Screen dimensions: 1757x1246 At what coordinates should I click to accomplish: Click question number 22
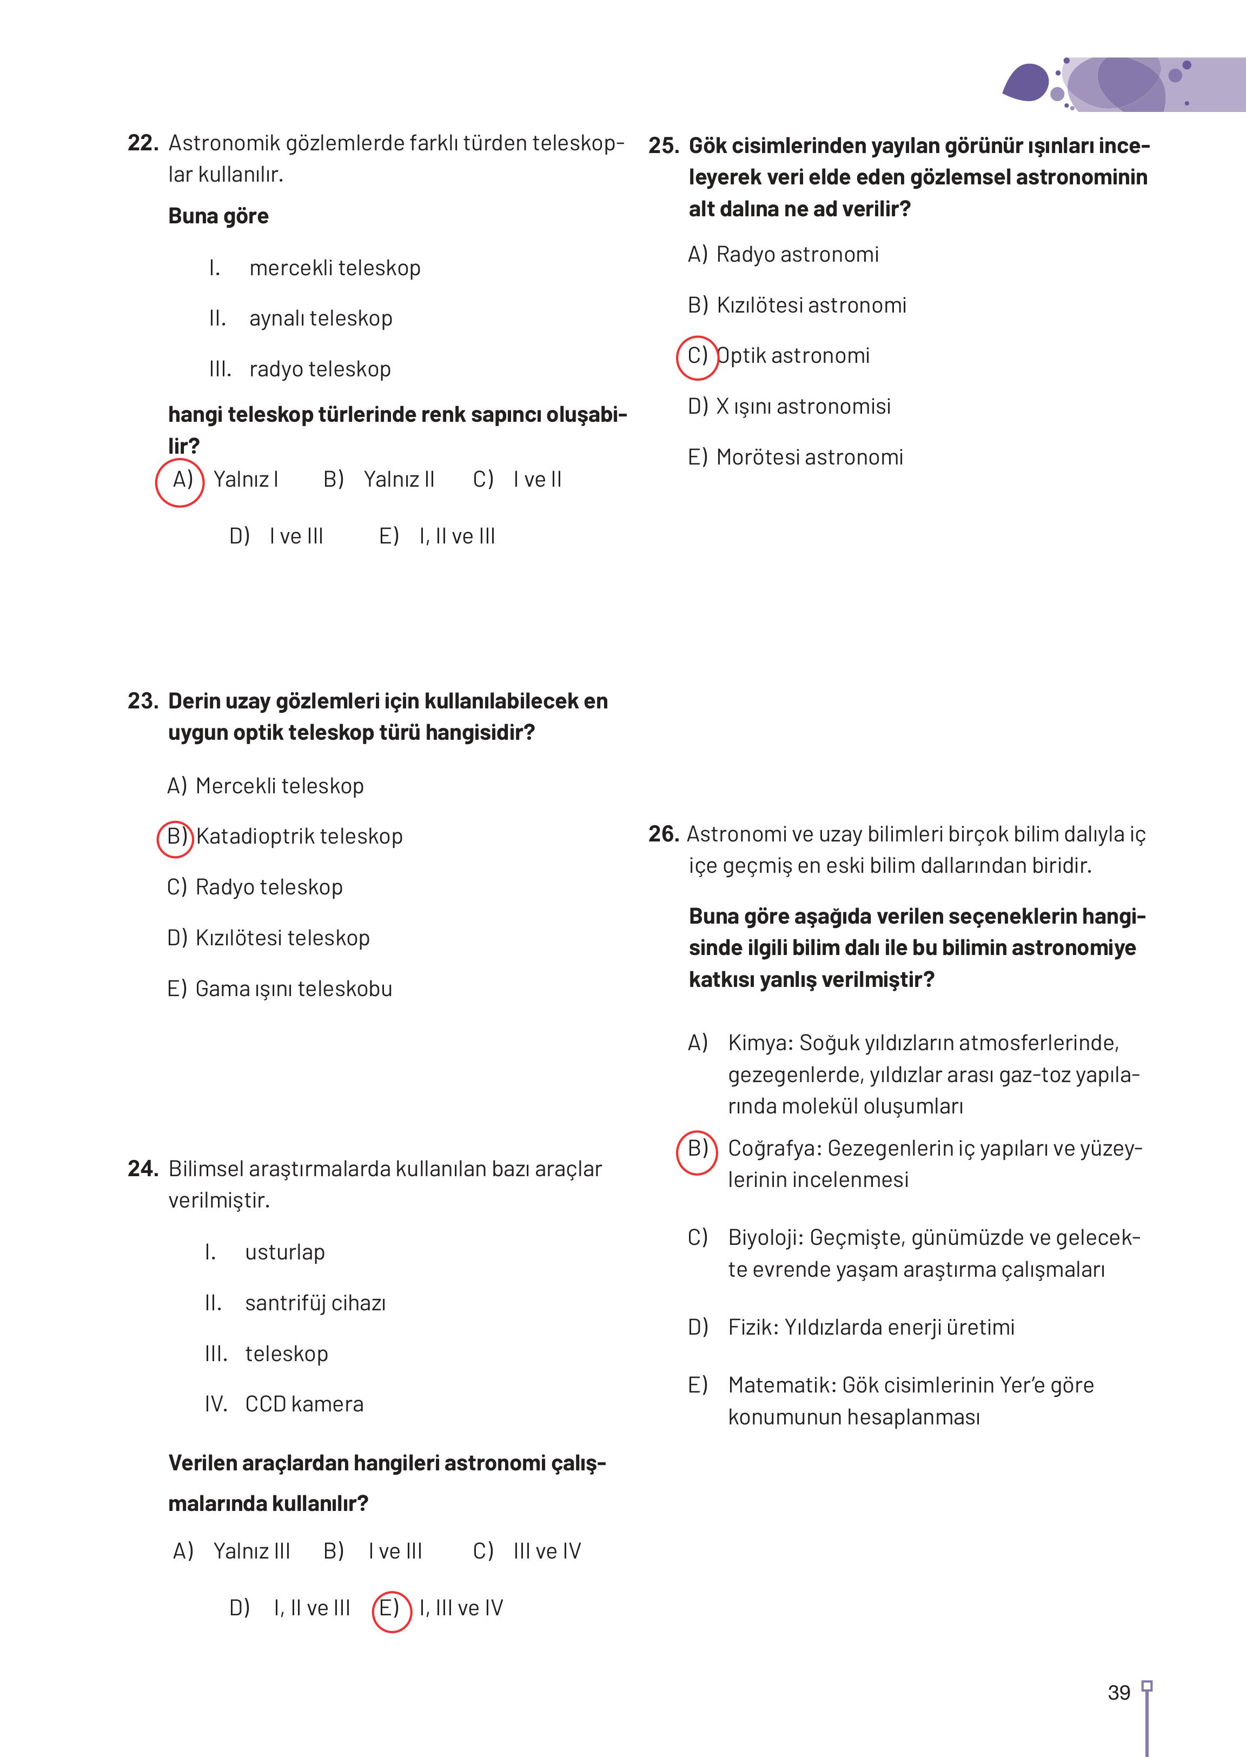tap(143, 143)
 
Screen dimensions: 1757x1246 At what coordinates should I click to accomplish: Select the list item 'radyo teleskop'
tap(320, 369)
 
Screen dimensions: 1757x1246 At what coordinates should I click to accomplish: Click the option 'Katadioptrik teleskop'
tap(299, 836)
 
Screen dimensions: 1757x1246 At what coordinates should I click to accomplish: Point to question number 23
tap(143, 700)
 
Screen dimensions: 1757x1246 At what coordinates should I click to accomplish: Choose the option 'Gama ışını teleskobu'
tap(294, 988)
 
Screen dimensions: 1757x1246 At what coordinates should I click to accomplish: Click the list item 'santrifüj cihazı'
tap(315, 1303)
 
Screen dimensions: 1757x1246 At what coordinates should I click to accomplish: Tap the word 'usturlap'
tap(284, 1252)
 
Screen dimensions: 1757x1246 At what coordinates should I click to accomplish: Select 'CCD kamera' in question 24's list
tap(304, 1404)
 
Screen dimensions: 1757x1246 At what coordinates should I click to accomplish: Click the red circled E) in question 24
tap(390, 1609)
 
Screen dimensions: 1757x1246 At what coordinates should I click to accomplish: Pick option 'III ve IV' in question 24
tap(547, 1552)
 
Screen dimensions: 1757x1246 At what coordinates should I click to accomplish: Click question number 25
tap(664, 146)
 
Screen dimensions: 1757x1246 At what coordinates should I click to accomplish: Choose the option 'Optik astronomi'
tap(793, 356)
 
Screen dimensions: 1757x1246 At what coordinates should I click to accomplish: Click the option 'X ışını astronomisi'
tap(803, 407)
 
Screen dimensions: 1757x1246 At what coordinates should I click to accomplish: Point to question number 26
tap(664, 834)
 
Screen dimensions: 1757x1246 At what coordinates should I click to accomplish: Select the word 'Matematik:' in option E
tap(782, 1385)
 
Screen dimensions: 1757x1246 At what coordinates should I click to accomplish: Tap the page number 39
tap(1118, 1693)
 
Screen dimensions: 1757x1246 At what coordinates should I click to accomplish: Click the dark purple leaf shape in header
tap(1026, 83)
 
